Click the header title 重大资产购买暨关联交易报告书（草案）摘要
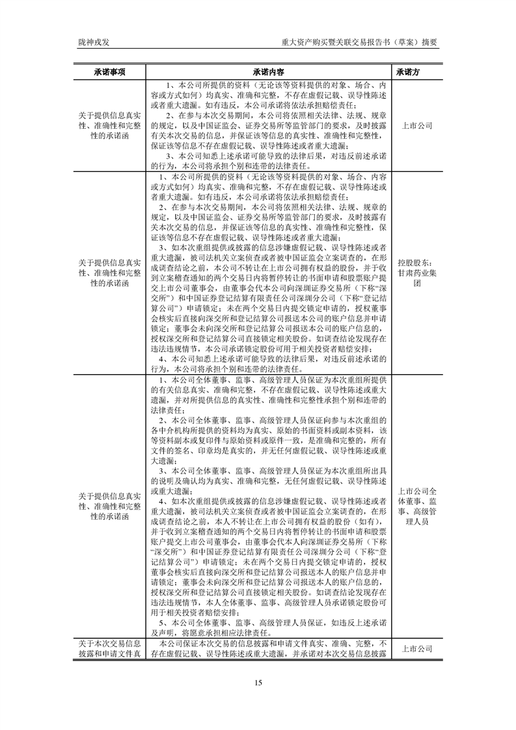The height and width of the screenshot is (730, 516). click(359, 42)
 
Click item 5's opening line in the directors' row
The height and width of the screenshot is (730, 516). click(273, 622)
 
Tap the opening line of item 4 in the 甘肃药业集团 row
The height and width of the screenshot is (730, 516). click(273, 358)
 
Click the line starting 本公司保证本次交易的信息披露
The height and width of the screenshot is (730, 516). click(273, 644)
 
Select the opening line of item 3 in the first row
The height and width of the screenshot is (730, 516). click(273, 155)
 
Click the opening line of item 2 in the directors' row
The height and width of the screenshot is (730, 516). click(273, 420)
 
